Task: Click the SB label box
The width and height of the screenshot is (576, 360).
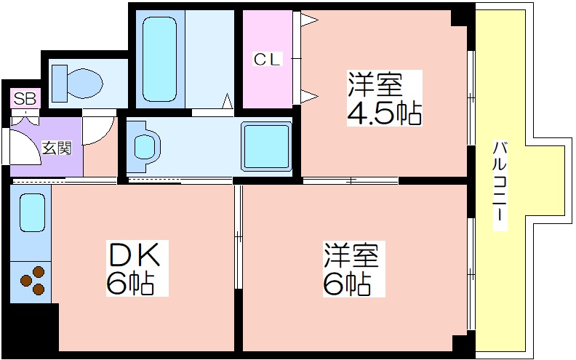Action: click(x=25, y=98)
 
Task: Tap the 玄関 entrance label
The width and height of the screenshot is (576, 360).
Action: click(x=57, y=148)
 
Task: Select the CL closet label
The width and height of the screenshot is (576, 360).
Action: click(x=268, y=60)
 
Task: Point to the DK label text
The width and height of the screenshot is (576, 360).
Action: click(x=133, y=254)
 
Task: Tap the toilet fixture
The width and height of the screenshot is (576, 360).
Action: click(x=76, y=84)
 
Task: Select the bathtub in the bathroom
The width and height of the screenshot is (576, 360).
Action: click(x=159, y=59)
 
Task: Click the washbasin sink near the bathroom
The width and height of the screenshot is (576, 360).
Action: click(x=143, y=147)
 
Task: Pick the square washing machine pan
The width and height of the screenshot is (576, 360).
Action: click(x=266, y=147)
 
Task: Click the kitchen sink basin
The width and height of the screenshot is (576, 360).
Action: click(x=32, y=212)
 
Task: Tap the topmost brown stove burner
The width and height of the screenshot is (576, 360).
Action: click(x=39, y=272)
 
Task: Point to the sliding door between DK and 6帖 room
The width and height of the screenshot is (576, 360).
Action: click(x=238, y=236)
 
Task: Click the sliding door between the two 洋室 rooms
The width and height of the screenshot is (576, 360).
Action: click(x=351, y=180)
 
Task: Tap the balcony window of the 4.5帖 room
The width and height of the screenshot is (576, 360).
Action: click(x=471, y=98)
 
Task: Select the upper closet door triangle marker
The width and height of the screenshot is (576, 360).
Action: click(x=308, y=20)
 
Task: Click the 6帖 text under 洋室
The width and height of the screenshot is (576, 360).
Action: click(x=347, y=284)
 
